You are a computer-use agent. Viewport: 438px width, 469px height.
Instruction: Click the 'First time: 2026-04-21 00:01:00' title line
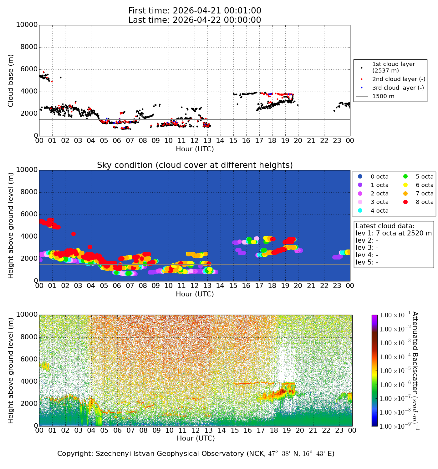(195, 11)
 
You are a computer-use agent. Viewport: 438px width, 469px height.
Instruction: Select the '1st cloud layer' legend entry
(393, 67)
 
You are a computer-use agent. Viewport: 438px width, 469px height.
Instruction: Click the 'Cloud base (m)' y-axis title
(10, 81)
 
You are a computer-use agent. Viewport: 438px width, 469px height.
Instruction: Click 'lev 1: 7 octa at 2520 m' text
(394, 233)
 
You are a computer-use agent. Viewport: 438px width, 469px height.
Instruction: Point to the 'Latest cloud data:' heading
(385, 226)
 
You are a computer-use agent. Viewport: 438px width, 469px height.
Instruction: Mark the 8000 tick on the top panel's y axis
(29, 47)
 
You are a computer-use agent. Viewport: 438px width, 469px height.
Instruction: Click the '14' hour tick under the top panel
(220, 140)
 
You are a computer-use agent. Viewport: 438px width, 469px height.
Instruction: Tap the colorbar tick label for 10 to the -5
(395, 370)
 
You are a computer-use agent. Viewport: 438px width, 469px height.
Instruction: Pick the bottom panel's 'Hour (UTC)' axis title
(196, 438)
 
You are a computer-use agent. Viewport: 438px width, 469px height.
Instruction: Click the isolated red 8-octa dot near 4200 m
(74, 234)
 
